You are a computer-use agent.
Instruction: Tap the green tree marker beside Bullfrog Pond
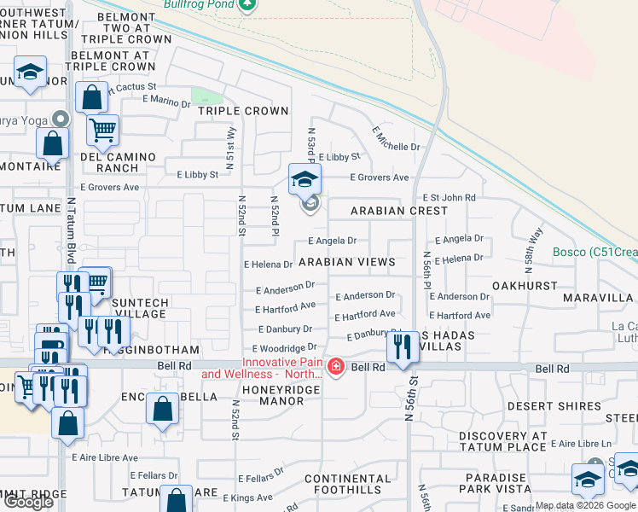point(247,4)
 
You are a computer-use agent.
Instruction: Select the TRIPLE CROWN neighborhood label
point(243,111)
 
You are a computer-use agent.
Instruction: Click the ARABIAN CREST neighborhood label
point(399,211)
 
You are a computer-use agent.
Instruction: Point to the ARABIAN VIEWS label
point(346,262)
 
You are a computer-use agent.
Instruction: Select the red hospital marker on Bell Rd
point(336,367)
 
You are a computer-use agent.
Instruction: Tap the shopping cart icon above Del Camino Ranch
point(102,131)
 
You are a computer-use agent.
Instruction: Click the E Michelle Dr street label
point(396,139)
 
